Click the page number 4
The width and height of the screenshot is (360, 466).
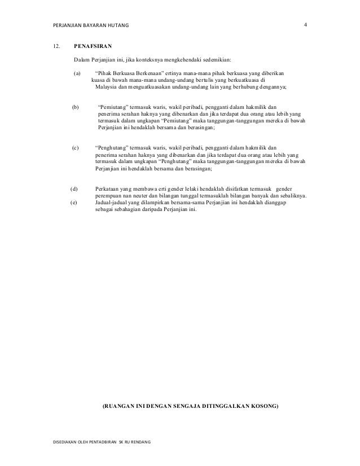pyautogui.click(x=305, y=24)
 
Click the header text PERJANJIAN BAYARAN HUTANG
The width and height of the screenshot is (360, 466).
pyautogui.click(x=90, y=25)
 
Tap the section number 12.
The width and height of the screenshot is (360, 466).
pyautogui.click(x=56, y=47)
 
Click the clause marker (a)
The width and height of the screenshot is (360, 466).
pyautogui.click(x=77, y=73)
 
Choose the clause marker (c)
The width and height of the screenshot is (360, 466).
pyautogui.click(x=75, y=147)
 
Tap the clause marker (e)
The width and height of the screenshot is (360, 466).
pyautogui.click(x=73, y=202)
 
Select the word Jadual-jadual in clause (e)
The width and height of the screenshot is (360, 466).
pyautogui.click(x=111, y=202)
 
